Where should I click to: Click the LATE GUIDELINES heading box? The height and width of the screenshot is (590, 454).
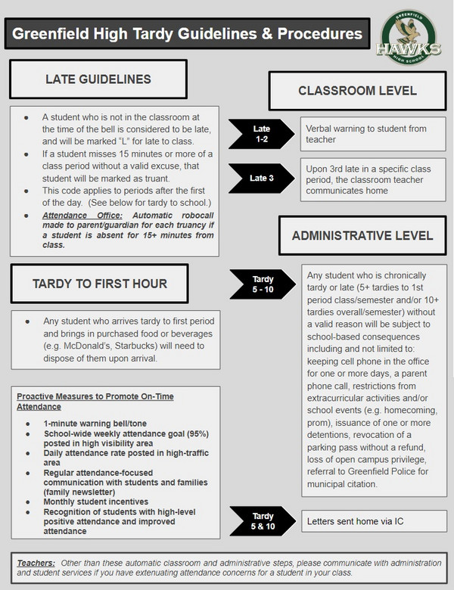(98, 79)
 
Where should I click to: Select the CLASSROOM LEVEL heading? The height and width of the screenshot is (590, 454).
(357, 91)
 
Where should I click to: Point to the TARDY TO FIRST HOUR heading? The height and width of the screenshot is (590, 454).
(98, 284)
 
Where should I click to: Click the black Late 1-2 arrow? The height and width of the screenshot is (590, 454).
(261, 134)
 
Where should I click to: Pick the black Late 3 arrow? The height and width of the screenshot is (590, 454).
(261, 179)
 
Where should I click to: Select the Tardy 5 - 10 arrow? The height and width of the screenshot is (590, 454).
(261, 285)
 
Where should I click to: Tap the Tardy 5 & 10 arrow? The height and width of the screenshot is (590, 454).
(261, 520)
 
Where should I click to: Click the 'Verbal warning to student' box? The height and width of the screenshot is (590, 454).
(371, 133)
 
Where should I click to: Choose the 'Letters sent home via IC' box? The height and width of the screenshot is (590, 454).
(371, 521)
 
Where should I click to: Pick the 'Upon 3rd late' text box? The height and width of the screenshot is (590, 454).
(371, 179)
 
